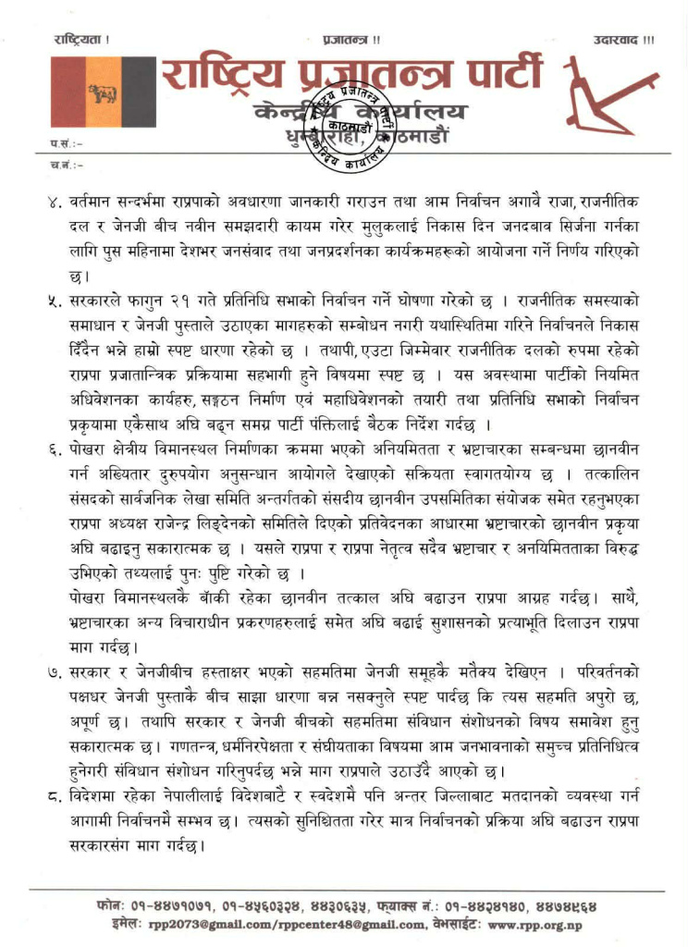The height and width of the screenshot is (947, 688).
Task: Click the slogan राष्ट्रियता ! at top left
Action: point(80,40)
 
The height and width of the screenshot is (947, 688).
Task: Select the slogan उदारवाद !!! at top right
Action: point(624,40)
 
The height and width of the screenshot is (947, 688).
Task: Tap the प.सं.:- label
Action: point(66,144)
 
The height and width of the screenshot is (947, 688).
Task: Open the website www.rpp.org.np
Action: point(541,923)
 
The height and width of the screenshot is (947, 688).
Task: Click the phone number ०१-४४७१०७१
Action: point(173,904)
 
